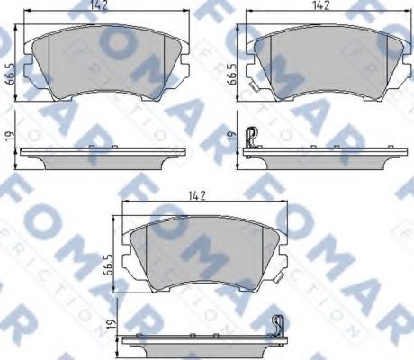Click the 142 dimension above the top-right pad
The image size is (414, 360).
coord(320,5)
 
